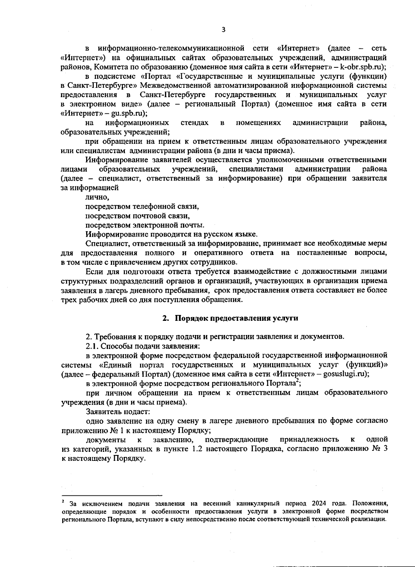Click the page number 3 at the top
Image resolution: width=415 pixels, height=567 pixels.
point(223,30)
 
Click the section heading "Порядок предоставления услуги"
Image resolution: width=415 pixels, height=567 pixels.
point(236,318)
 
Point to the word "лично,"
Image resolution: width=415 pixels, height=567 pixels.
point(97,197)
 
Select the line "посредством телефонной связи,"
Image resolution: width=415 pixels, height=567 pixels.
point(142,207)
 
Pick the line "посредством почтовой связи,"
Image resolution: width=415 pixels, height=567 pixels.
point(138,216)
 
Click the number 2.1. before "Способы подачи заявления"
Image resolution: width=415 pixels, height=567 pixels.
point(92,346)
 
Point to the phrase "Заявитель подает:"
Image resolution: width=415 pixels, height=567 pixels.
point(118,412)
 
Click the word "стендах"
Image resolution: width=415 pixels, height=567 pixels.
point(194,123)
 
